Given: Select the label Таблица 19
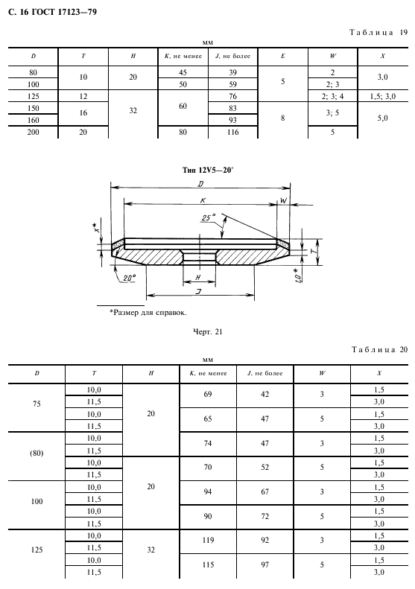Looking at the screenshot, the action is pos(378,32).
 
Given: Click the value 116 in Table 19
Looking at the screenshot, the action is pos(232,132).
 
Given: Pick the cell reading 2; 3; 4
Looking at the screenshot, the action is pos(332,96).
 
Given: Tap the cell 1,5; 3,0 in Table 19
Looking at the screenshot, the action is pos(382,96).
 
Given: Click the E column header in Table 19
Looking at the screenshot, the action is pos(282,56).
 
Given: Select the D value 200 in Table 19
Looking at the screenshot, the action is pos(33,132).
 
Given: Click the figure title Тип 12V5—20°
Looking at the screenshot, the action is pos(207,171).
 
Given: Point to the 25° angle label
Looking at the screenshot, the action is pos(209,217).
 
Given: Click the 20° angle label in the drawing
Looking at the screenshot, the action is pos(129,278).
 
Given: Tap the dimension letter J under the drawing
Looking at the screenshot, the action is pos(199,290).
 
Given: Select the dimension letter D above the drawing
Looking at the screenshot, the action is pos(200,184).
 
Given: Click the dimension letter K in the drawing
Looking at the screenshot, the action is pos(202,200).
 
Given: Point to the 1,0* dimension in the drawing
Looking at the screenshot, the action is pos(298,276).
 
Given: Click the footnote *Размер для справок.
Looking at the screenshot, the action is pos(148,312).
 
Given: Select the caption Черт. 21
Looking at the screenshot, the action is pos(207,331).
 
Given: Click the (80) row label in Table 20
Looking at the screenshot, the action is pos(37,453).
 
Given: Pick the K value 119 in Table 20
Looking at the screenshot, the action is pos(208,540).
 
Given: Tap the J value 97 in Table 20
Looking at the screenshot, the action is pos(265,564).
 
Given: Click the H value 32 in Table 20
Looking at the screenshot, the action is pos(151,550).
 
